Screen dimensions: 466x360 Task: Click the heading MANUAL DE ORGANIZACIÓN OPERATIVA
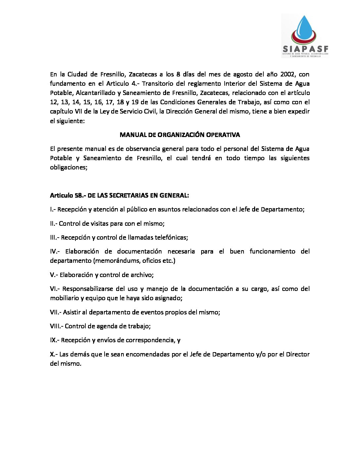(180, 135)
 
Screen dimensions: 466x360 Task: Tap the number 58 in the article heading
(78, 196)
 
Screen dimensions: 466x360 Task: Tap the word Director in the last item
(297, 354)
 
